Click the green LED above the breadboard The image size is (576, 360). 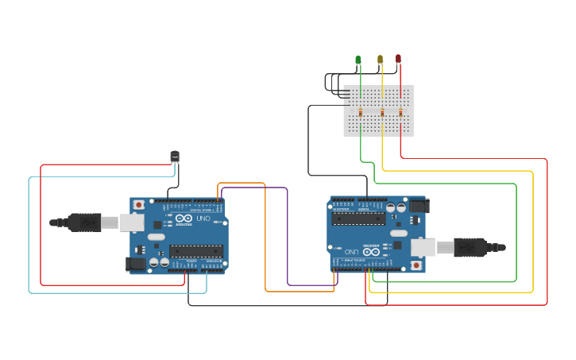pyautogui.click(x=358, y=60)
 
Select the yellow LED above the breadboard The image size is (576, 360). pyautogui.click(x=380, y=60)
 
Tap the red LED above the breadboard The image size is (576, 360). pyautogui.click(x=398, y=59)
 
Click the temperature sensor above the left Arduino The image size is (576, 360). pyautogui.click(x=175, y=157)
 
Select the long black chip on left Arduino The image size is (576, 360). pyautogui.click(x=195, y=251)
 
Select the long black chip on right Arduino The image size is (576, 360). pyautogui.click(x=358, y=219)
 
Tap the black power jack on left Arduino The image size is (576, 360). pyautogui.click(x=136, y=263)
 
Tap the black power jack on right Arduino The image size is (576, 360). pyautogui.click(x=419, y=206)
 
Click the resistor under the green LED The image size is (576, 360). pyautogui.click(x=361, y=113)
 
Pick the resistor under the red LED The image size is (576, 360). pyautogui.click(x=400, y=113)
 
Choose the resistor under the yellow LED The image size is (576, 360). pyautogui.click(x=382, y=113)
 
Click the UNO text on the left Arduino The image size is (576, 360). pyautogui.click(x=203, y=219)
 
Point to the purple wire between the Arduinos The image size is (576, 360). pyautogui.click(x=287, y=238)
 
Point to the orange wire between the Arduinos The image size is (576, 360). pyautogui.click(x=265, y=238)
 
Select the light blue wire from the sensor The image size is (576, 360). pyautogui.click(x=29, y=238)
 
